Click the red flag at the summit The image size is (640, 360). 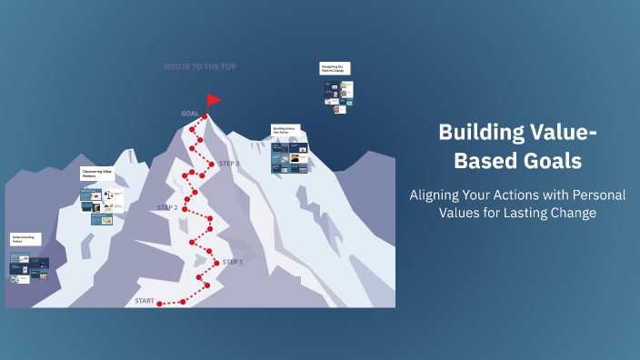click(214, 99)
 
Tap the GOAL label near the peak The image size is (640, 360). click(189, 114)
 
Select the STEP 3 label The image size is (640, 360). click(229, 164)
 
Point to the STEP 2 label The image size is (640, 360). click(167, 207)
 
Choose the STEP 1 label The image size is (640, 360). click(233, 262)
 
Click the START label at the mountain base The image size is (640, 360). click(145, 300)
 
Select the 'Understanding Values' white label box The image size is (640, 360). click(24, 239)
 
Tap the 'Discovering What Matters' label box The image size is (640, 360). click(97, 173)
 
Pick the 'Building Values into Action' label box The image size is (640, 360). click(285, 130)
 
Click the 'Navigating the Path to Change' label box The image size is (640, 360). click(334, 68)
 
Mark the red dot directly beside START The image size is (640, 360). click(160, 303)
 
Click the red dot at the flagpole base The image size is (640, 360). click(205, 116)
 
